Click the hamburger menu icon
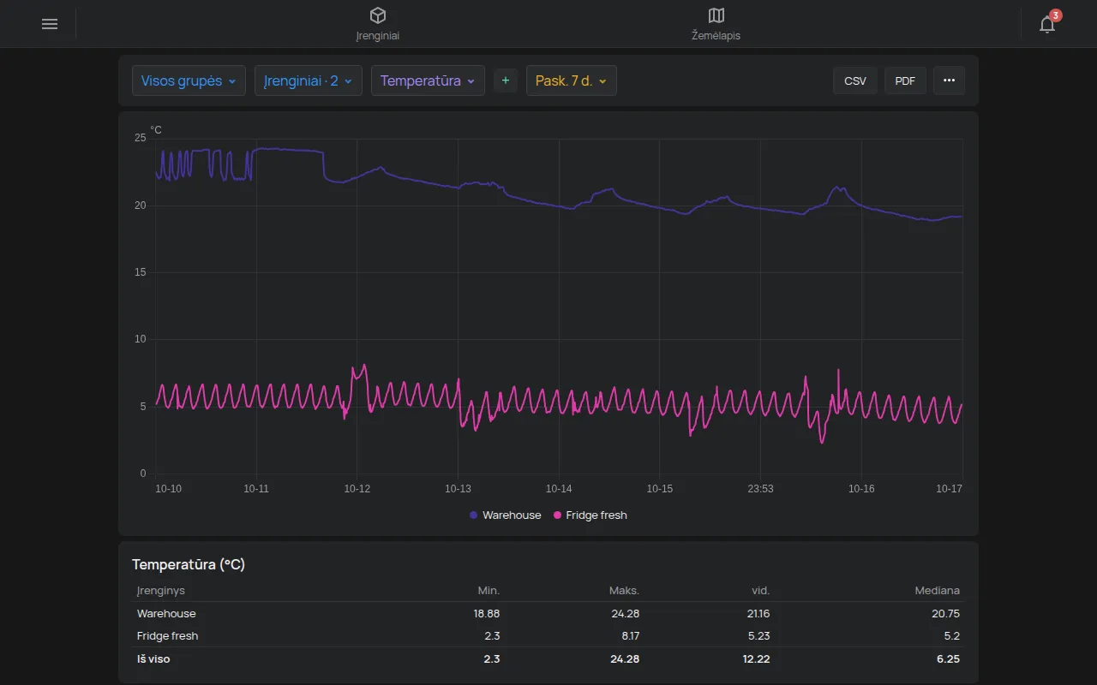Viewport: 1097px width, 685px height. (50, 24)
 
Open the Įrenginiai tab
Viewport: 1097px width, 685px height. (378, 24)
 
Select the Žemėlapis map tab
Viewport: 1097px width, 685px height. (716, 24)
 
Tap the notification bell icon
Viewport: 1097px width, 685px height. (1047, 24)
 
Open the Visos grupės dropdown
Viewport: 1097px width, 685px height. (189, 80)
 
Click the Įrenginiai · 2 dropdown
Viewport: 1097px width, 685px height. (308, 80)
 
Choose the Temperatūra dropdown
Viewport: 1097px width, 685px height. (428, 80)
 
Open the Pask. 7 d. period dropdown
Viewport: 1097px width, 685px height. (571, 80)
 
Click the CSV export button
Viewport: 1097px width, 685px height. (855, 80)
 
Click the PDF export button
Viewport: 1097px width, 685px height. (905, 80)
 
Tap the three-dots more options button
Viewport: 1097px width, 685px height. (949, 80)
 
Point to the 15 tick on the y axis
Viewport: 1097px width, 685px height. (140, 272)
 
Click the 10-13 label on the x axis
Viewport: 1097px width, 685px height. (458, 488)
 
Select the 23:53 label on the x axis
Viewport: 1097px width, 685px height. (760, 488)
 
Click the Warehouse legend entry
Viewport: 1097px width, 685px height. (506, 515)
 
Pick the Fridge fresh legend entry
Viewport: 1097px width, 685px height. (590, 515)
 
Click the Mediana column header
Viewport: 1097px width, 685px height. (937, 591)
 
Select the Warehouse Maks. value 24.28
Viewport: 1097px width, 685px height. (625, 614)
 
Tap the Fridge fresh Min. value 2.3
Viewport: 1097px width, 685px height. (492, 636)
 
